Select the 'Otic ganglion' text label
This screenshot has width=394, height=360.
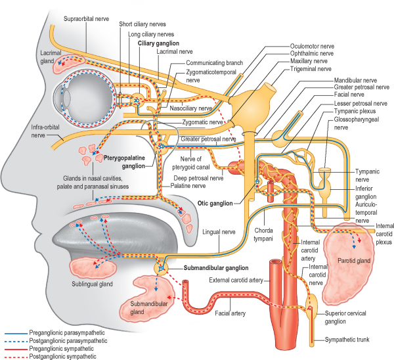[215, 204]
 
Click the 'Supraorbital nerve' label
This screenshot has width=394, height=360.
[86, 18]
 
